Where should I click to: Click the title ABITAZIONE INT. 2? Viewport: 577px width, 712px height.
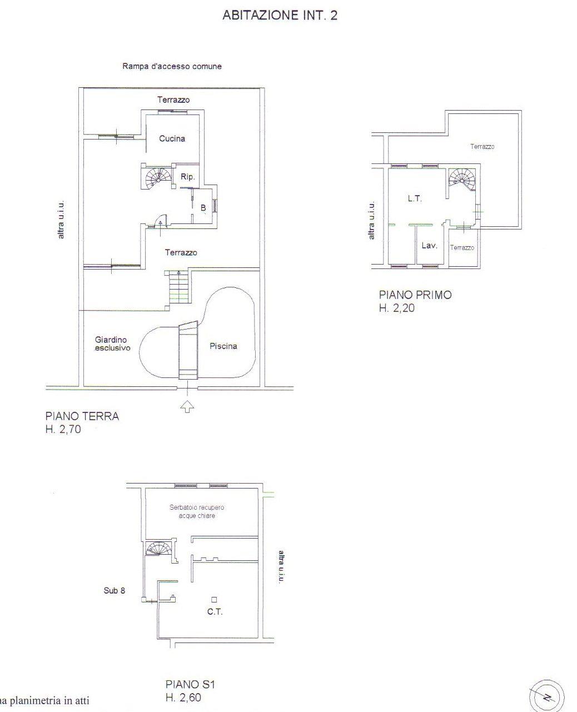coord(280,16)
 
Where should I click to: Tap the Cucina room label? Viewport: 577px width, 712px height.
coord(172,138)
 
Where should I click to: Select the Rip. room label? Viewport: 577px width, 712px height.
coord(187,177)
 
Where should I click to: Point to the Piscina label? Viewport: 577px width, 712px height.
coord(223,346)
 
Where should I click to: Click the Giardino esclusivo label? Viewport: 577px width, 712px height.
coord(112,343)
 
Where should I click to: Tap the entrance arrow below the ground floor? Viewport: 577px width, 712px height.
coord(187,406)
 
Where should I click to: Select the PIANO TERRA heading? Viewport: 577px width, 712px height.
coord(82,416)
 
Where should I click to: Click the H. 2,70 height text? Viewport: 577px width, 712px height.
coord(63,429)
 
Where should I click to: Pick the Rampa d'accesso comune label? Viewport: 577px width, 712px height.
coord(172,66)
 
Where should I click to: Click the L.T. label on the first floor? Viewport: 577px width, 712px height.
coord(415,198)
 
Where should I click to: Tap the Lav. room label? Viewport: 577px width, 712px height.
coord(429,246)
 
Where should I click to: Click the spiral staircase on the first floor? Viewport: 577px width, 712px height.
coord(462,178)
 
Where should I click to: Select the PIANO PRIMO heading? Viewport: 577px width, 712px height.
coord(415,295)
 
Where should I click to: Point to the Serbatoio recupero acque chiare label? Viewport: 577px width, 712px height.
coord(197,511)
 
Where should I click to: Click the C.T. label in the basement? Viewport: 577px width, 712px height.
coord(215,612)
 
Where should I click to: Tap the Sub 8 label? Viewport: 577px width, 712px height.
coord(115,591)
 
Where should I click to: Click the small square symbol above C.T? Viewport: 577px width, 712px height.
coord(214,599)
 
